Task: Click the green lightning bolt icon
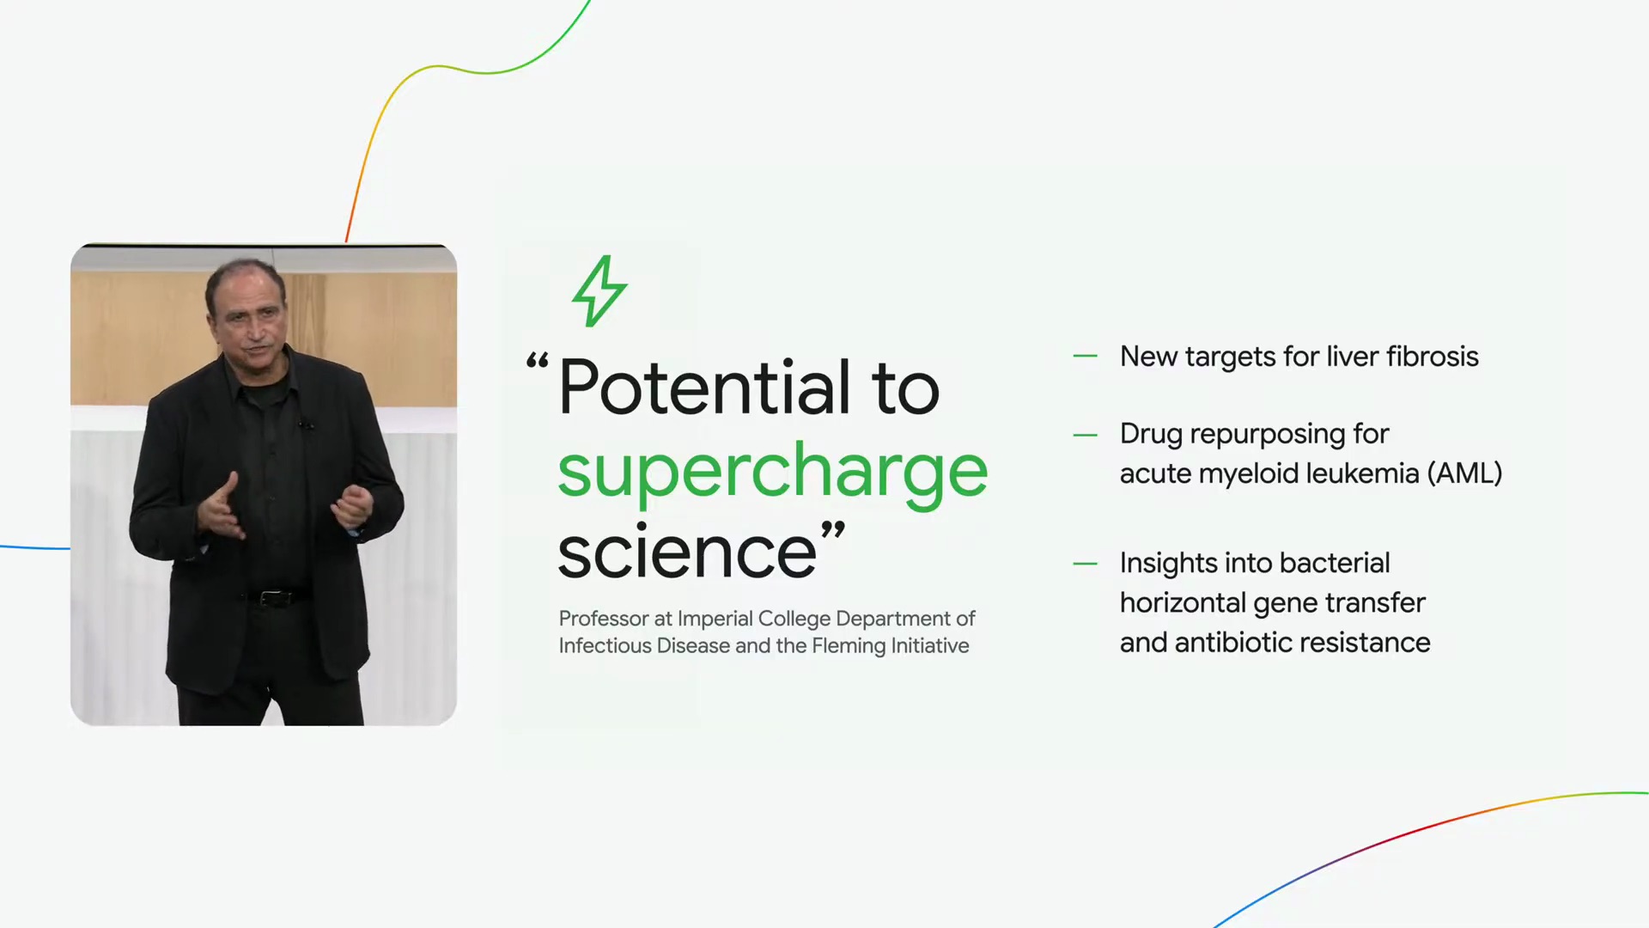coord(600,290)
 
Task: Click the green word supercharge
coord(773,471)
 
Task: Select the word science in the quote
coord(687,553)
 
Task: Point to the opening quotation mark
coord(538,361)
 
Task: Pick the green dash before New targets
coord(1086,356)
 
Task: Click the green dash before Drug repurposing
coord(1086,435)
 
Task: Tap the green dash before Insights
coord(1086,564)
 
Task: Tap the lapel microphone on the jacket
coord(306,424)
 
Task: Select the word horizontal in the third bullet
coord(1183,603)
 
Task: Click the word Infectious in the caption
coord(605,646)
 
